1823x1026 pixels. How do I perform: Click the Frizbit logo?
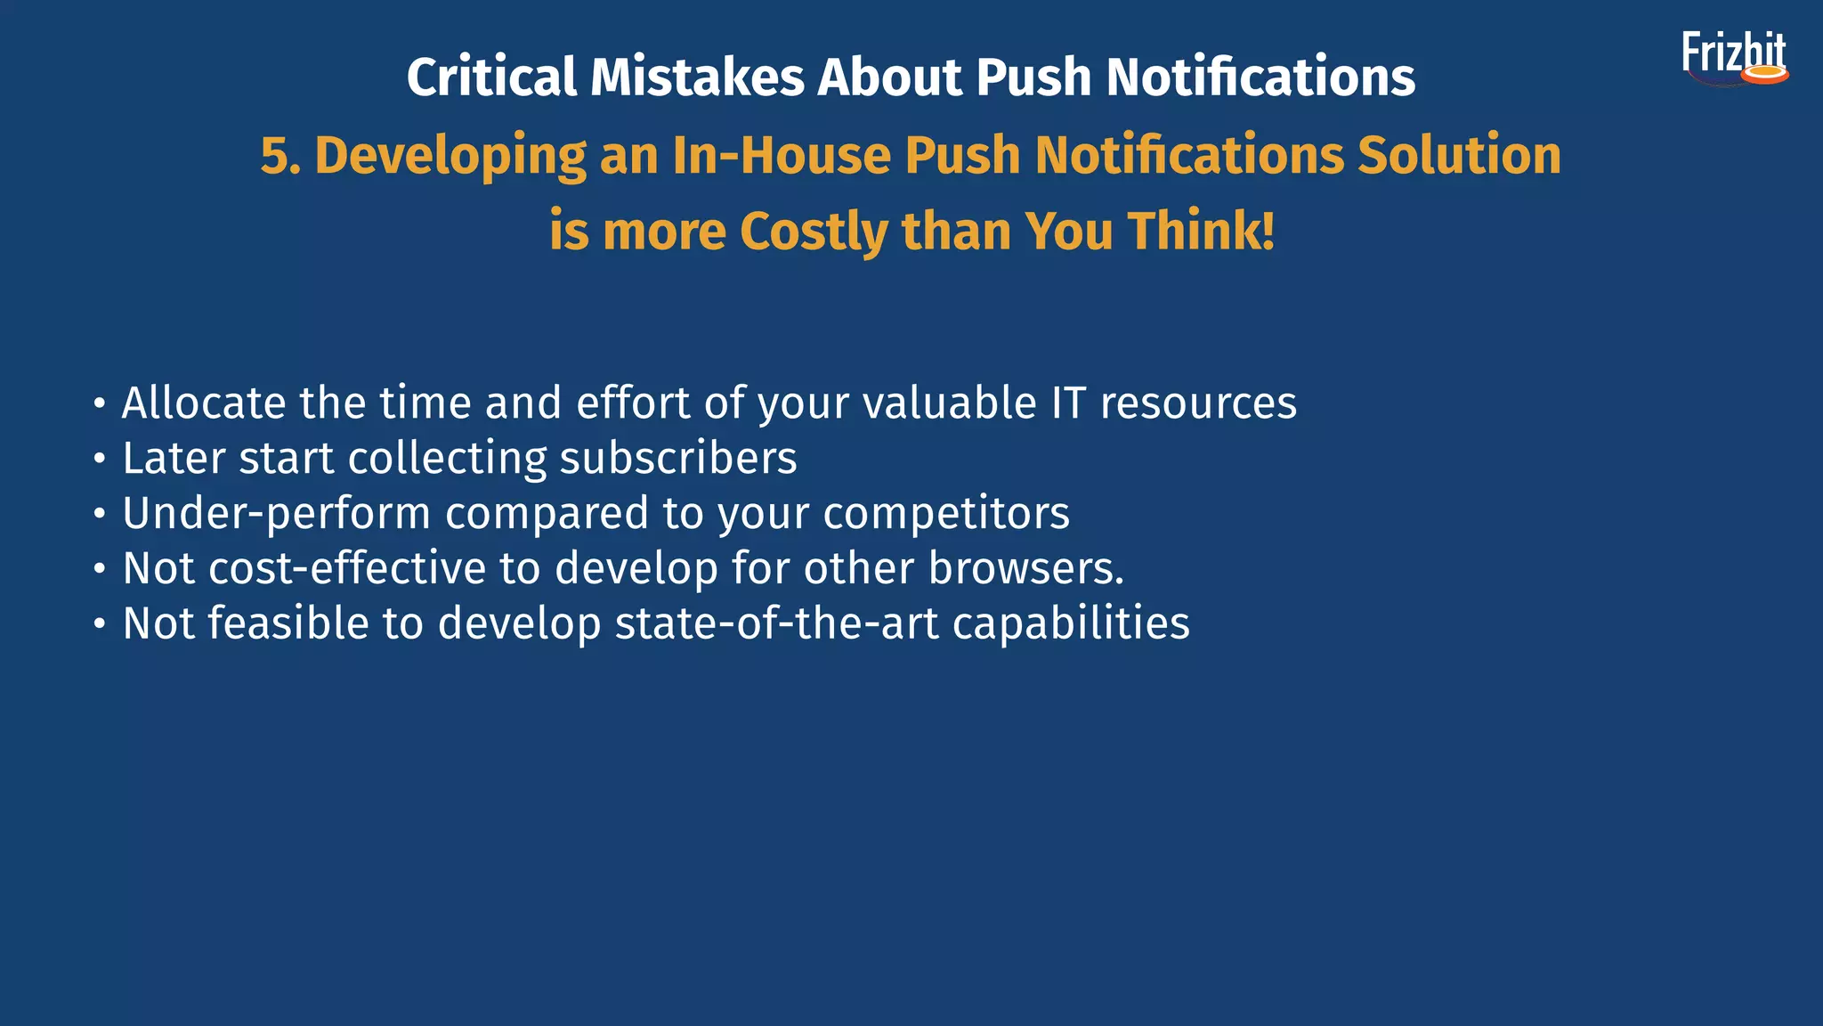1734,58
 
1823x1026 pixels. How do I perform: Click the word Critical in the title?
491,77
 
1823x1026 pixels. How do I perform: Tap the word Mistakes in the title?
697,77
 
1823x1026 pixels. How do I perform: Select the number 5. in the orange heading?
280,156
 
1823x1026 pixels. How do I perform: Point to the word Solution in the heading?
1459,156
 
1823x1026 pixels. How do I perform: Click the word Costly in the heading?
813,232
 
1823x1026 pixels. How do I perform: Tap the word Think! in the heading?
1202,232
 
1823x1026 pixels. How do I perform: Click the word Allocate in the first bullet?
204,403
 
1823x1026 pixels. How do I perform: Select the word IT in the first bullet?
1068,403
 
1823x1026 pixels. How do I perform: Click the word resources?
1198,404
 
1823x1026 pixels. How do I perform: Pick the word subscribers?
678,459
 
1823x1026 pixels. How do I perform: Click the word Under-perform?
276,514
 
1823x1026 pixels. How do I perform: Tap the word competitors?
946,514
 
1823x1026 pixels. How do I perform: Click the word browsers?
1026,568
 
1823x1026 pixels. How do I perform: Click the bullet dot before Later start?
100,460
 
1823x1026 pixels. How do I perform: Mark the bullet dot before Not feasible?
100,624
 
